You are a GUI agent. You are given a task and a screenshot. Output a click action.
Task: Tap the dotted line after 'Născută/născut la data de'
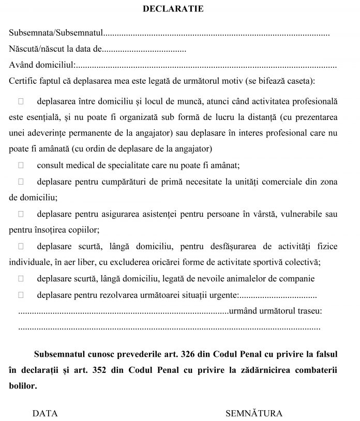click(145, 50)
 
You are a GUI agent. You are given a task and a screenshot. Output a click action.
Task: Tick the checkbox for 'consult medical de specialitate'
click(21, 166)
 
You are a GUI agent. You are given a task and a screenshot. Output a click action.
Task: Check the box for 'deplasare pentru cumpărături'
click(21, 182)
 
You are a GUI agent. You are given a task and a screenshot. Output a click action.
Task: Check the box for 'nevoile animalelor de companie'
click(21, 278)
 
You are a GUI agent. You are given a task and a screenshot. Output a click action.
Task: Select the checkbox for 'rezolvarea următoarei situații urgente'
click(21, 295)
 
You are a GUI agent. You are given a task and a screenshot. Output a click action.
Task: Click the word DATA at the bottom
click(45, 413)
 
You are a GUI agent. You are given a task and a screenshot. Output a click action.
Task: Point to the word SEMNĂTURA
click(254, 413)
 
